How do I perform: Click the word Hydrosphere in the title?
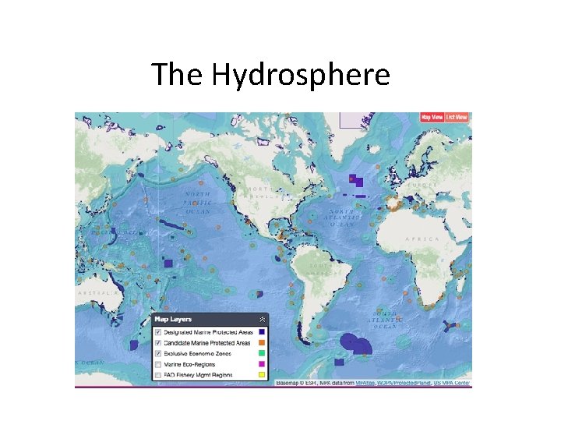[x=301, y=75]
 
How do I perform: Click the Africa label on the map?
[x=421, y=241]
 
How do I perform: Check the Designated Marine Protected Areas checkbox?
[x=158, y=331]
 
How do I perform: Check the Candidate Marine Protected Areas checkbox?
[x=158, y=342]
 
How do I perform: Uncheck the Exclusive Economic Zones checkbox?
[x=158, y=353]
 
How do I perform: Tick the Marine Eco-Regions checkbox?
[x=158, y=364]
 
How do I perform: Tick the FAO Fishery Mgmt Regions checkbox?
[x=158, y=375]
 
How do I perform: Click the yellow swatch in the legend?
[x=263, y=375]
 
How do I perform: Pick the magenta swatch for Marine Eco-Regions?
[x=263, y=364]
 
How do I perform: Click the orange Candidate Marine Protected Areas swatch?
[x=263, y=342]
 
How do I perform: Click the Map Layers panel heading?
[x=173, y=319]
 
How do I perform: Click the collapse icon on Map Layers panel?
[x=263, y=319]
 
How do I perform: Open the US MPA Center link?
[x=453, y=384]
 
